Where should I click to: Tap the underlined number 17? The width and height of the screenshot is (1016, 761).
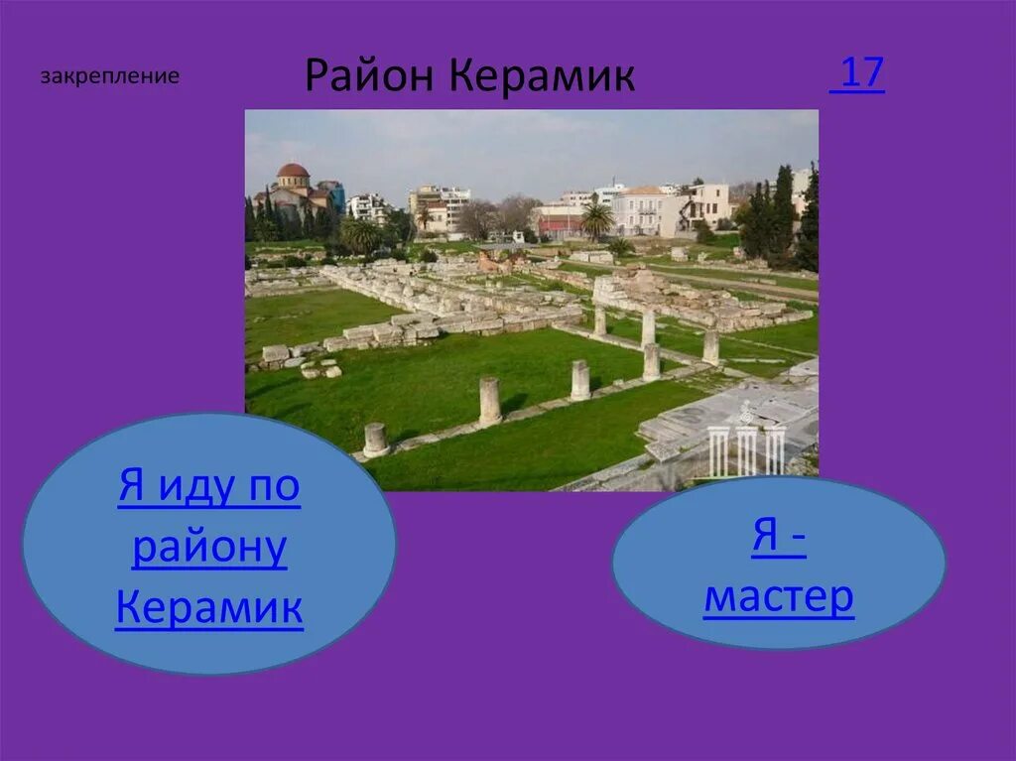859,73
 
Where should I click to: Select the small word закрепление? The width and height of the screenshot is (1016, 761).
110,76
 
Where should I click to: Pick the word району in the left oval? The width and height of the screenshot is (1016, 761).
209,549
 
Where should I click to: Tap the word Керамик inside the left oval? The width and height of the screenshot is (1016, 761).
209,607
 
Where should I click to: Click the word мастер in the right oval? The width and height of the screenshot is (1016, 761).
779,597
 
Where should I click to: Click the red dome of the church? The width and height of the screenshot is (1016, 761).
293,171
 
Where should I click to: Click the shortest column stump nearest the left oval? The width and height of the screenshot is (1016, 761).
376,440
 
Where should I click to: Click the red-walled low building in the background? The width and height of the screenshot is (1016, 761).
562,220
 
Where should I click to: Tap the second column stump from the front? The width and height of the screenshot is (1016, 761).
489,402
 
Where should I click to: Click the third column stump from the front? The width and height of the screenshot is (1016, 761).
579,380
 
